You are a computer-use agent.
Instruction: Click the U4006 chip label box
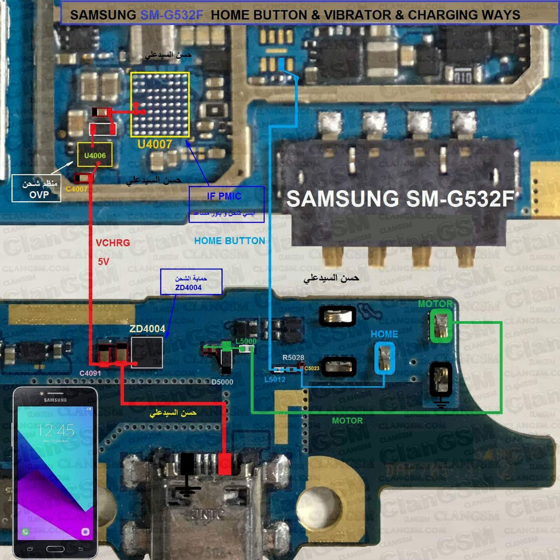(95, 155)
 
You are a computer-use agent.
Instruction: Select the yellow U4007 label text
(155, 144)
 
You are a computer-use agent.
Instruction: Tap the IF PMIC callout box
(227, 204)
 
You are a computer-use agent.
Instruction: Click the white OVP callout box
(35, 189)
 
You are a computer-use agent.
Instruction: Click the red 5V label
(104, 262)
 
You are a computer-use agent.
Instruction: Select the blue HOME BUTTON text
(230, 241)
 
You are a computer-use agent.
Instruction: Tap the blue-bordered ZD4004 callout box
(191, 282)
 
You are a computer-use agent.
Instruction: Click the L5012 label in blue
(275, 380)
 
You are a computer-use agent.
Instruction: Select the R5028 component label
(293, 358)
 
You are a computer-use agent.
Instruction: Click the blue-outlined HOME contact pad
(384, 358)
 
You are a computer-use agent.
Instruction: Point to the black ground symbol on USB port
(187, 474)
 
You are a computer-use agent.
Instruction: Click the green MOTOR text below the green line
(347, 421)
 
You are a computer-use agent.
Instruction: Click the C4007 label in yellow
(77, 189)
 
